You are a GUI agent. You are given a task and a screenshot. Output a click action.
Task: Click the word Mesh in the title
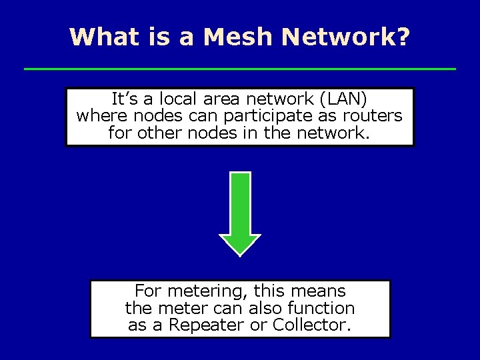pos(237,37)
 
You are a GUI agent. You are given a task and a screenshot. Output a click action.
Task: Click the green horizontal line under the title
pos(240,69)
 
